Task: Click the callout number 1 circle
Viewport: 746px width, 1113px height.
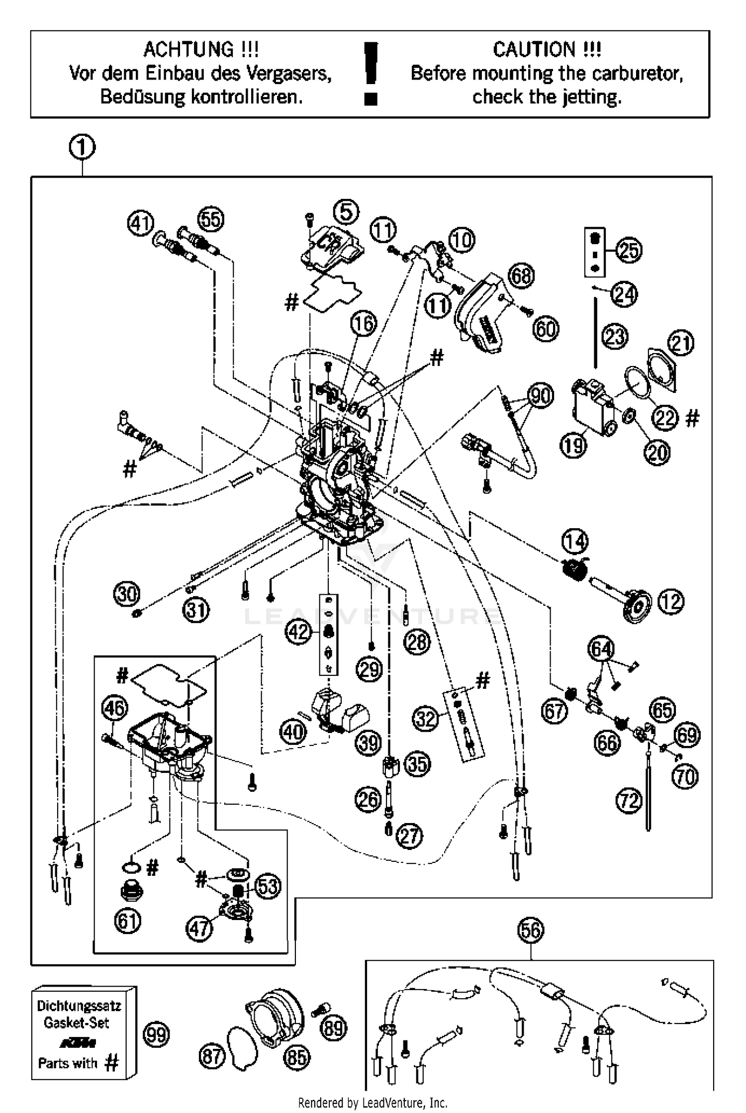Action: point(82,148)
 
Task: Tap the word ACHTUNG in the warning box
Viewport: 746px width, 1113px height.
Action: point(188,50)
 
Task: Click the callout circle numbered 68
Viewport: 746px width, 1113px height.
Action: point(521,276)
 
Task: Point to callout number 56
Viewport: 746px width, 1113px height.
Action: point(531,929)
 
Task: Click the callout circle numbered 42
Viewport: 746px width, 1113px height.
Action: point(298,632)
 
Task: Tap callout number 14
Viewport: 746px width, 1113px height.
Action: point(575,542)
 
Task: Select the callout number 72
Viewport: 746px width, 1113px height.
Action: point(629,801)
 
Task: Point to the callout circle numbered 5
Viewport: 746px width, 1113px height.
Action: point(346,212)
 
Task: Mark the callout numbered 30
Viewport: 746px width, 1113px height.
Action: point(127,594)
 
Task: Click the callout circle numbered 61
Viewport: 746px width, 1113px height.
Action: point(127,922)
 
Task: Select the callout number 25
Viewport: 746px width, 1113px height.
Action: point(629,250)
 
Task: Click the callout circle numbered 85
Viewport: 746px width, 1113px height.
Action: point(297,1058)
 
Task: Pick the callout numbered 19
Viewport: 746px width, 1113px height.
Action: point(573,445)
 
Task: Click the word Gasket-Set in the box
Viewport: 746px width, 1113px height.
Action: point(76,1023)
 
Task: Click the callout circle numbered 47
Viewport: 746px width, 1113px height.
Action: point(199,928)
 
